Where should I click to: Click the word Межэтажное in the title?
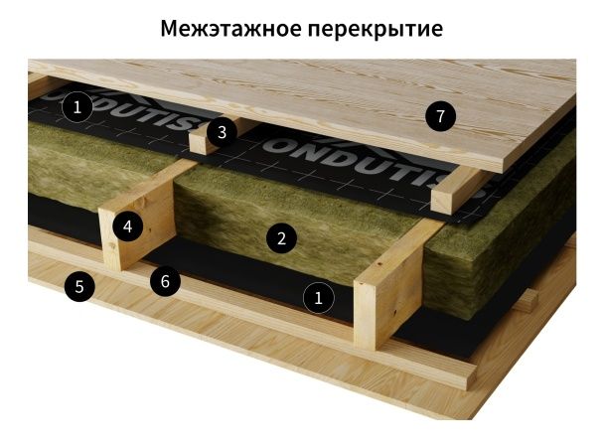point(227,29)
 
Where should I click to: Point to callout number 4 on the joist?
point(127,226)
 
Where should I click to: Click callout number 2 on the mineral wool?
point(282,237)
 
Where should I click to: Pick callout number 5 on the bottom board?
point(79,288)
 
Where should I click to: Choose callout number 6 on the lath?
point(166,281)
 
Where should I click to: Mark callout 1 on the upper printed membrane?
point(77,105)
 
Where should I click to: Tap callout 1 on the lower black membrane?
point(318,297)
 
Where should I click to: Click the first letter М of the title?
point(170,29)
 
